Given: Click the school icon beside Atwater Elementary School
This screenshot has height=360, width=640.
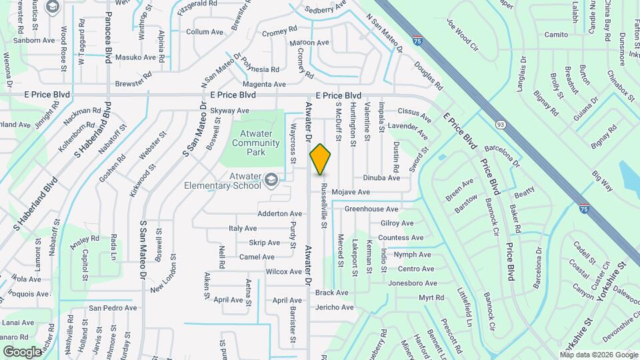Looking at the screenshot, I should click(271, 179).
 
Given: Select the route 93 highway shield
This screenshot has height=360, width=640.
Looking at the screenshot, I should click(500, 124).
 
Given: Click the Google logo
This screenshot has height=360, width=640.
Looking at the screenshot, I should click(23, 351).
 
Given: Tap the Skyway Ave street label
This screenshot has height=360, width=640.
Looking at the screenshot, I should click(229, 111).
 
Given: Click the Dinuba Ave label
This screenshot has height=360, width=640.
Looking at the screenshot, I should click(381, 178).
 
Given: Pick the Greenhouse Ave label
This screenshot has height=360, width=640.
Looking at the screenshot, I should click(371, 209).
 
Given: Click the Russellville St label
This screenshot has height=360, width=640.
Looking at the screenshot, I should click(323, 206).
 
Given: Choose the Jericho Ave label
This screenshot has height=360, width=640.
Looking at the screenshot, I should click(335, 307).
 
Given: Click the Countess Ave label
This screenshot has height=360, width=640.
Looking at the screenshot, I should click(401, 238).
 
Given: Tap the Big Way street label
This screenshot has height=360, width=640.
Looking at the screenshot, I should click(602, 181).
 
